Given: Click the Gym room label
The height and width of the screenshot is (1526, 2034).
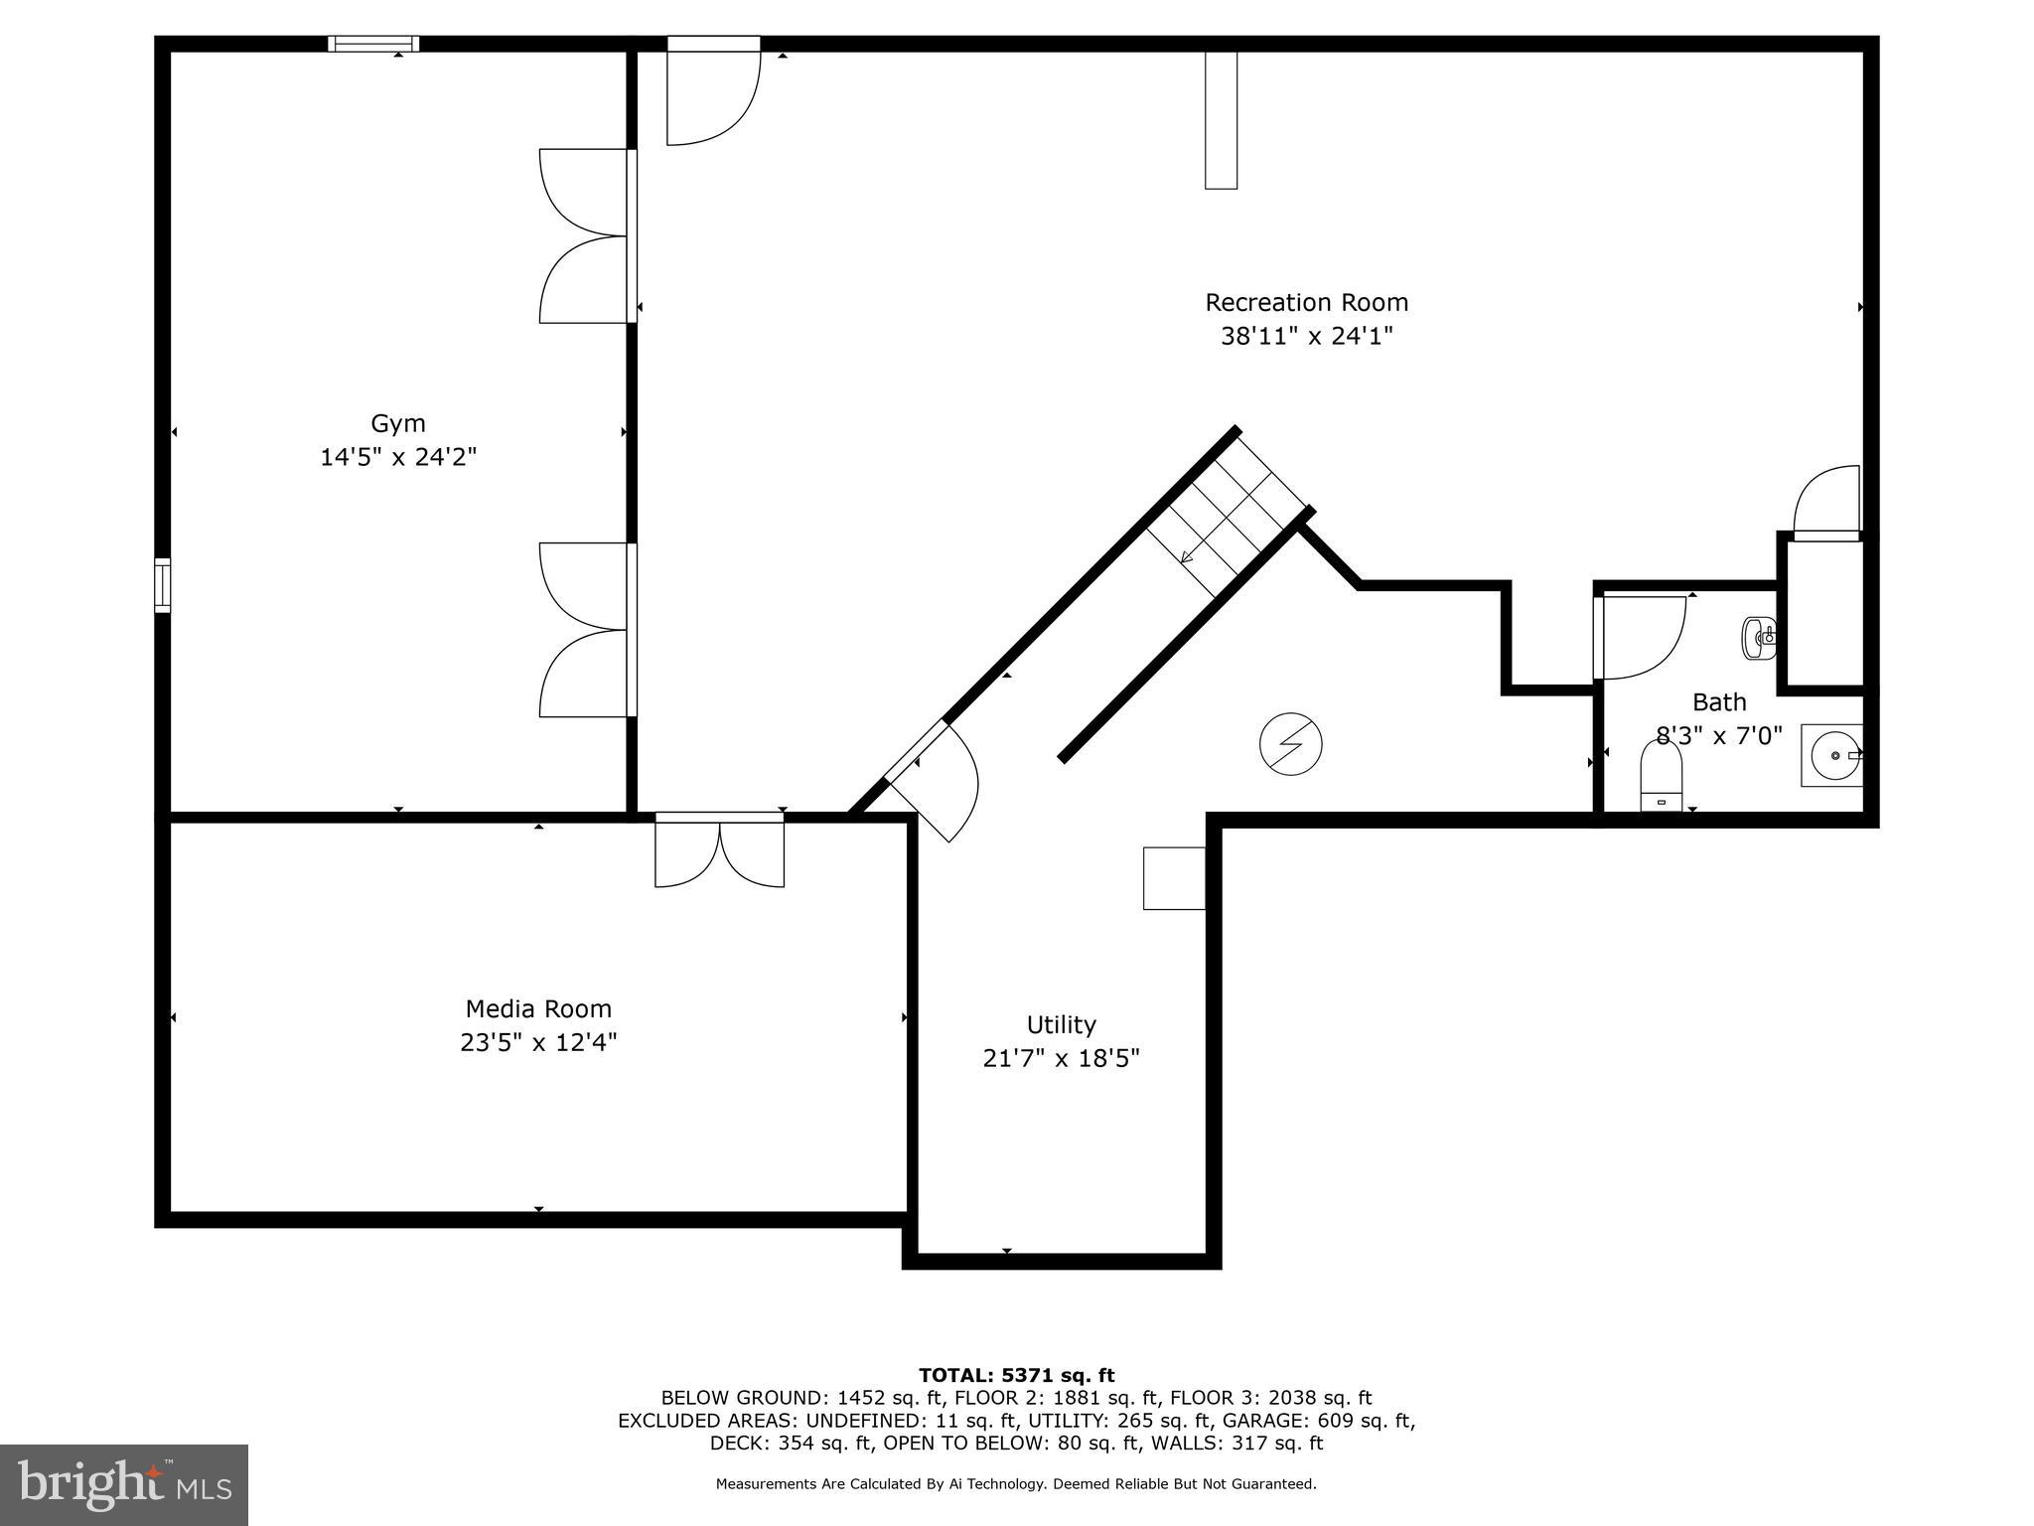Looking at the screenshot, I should (x=398, y=423).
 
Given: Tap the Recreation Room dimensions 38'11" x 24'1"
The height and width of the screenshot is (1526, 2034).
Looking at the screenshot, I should (x=1306, y=336).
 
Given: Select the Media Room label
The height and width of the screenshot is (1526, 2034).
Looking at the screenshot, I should (x=538, y=1008).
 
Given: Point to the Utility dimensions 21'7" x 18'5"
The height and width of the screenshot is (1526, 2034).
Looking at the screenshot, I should (x=1061, y=1058).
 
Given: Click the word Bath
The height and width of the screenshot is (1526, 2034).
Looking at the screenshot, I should (x=1719, y=702).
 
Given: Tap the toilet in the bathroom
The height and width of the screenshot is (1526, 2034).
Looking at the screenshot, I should (x=1661, y=777).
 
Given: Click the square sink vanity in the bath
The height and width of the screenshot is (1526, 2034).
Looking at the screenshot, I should (x=1832, y=756).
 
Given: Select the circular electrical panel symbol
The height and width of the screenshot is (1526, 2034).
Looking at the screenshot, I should (x=1290, y=744).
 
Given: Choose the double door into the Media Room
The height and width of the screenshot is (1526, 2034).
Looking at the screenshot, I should (x=719, y=849).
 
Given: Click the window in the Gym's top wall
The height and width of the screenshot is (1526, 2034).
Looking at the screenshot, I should (x=373, y=44).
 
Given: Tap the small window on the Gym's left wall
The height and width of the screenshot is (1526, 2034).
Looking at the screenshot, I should (x=162, y=585).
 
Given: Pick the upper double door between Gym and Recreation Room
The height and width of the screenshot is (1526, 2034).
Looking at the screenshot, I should (x=586, y=236).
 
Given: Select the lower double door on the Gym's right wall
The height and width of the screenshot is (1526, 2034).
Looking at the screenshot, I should (x=586, y=630).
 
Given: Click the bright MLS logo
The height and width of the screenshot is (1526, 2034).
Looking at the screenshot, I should (x=124, y=1484).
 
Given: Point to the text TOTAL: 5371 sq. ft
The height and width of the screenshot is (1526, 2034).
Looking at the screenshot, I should (x=1016, y=1375).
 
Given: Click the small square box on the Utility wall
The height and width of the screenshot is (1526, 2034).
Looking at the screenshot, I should (x=1174, y=878).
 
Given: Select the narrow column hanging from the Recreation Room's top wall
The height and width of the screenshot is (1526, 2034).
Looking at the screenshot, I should (x=1221, y=119).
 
